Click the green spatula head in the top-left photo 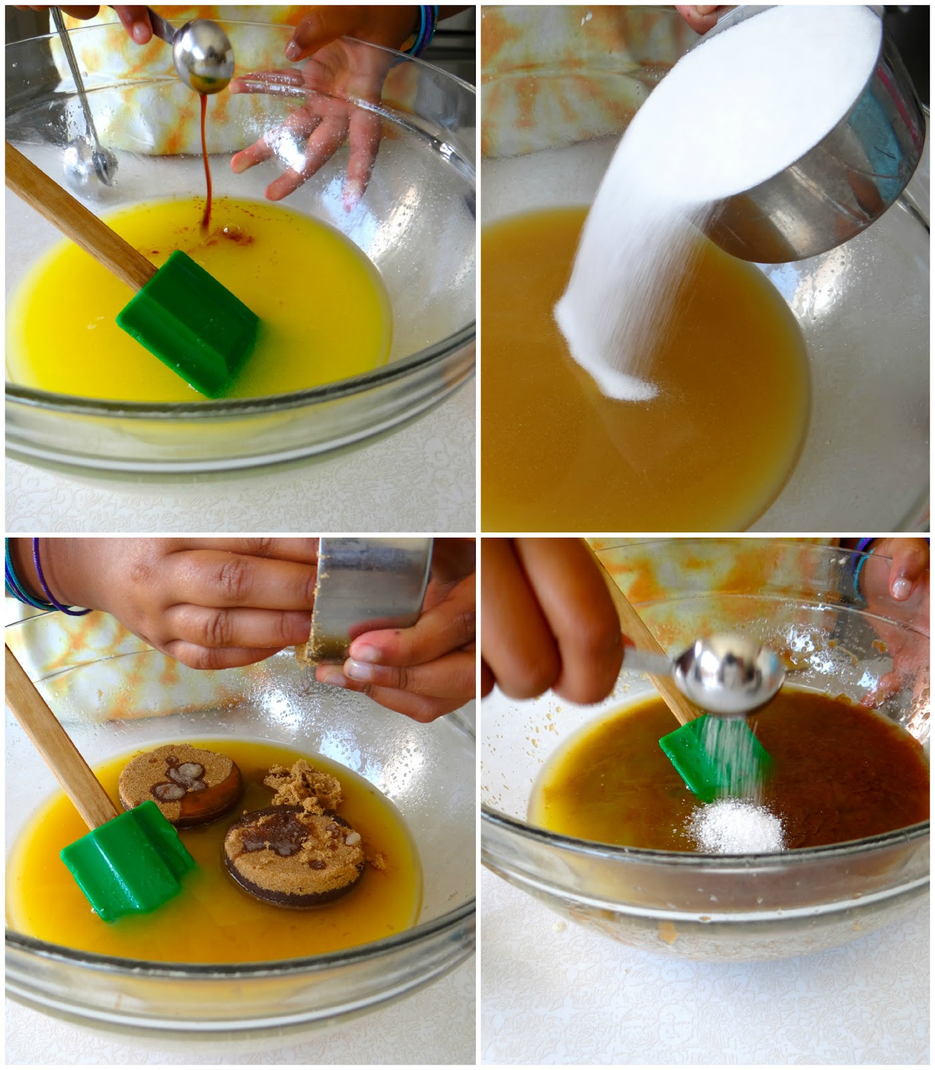point(190,321)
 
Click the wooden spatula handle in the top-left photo point(74,214)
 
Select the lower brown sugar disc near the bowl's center point(294,856)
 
